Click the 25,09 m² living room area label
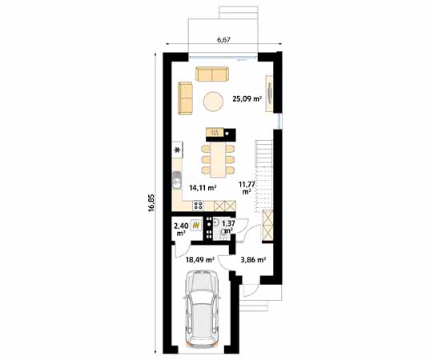click(246, 100)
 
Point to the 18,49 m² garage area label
click(199, 259)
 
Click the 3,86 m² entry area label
click(253, 259)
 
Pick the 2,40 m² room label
click(181, 230)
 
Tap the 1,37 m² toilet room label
click(227, 227)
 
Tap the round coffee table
click(213, 100)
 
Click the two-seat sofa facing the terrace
click(211, 74)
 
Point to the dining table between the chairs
click(218, 157)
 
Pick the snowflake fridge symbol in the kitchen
click(176, 149)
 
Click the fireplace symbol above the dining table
click(215, 133)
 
